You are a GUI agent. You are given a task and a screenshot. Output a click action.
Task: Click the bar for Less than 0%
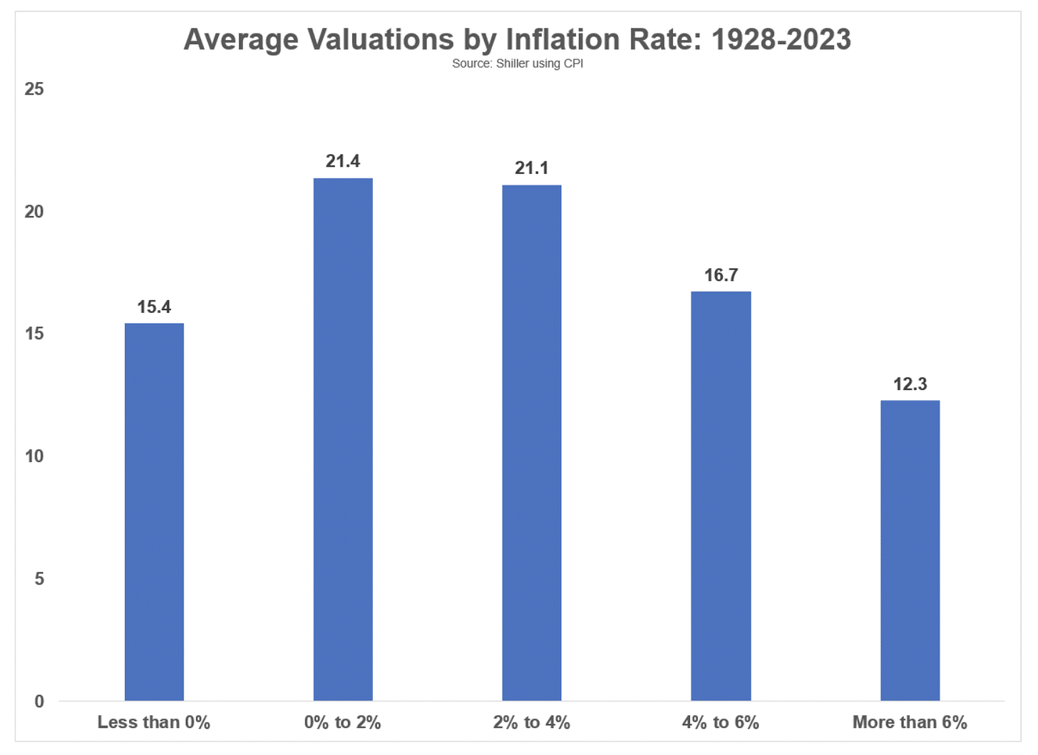pos(154,512)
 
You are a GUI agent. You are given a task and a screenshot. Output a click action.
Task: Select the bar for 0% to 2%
pos(343,439)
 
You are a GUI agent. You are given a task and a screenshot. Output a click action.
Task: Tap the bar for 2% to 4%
pos(532,443)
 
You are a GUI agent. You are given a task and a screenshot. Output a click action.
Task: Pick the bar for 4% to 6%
pos(721,496)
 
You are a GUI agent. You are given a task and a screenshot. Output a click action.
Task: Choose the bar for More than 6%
pos(910,550)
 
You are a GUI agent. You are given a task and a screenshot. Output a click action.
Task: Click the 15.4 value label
pos(154,307)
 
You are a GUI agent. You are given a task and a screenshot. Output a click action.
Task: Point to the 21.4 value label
pos(343,161)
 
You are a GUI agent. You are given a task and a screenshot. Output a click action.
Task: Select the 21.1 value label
pos(532,168)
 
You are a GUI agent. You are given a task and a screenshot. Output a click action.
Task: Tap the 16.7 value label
pos(721,275)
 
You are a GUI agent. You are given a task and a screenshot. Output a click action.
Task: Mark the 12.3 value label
pos(910,384)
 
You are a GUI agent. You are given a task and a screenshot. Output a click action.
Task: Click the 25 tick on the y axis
pos(34,89)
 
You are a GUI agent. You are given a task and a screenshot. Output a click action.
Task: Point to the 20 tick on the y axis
pos(34,212)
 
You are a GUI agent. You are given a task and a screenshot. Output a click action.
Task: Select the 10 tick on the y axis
pos(34,456)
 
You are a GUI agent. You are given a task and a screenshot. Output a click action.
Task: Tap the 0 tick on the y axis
pos(39,702)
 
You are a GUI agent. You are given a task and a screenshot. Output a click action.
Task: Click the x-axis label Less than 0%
pos(154,722)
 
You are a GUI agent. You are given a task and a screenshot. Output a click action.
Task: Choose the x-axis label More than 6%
pos(910,722)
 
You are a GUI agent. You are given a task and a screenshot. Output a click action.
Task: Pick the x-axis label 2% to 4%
pos(532,722)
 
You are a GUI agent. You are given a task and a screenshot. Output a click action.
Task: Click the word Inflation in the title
pos(562,39)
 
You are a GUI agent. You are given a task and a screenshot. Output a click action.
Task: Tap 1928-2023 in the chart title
pos(781,39)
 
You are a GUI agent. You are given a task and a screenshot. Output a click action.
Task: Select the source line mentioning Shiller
pos(518,63)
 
